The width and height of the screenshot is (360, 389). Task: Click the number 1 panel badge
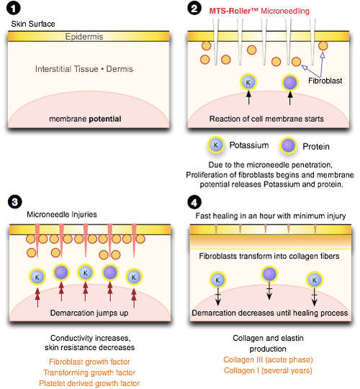click(14, 9)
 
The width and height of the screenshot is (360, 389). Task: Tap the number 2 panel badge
click(194, 9)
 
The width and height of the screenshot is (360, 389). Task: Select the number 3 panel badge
click(15, 202)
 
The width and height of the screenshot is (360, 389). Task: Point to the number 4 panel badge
click(194, 202)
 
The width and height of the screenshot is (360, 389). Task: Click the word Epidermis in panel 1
click(84, 37)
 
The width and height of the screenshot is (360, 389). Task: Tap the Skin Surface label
click(33, 24)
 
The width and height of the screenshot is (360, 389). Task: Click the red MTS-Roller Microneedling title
click(259, 11)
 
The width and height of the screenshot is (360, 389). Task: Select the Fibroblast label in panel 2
click(325, 81)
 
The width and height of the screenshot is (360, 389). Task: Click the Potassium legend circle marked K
click(216, 145)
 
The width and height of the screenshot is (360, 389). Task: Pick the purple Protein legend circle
click(288, 146)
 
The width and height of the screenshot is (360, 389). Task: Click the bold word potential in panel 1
click(105, 119)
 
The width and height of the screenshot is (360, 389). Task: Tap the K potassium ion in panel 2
click(248, 82)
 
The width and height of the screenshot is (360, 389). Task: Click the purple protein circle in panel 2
click(290, 83)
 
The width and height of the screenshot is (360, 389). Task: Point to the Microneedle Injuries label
click(62, 215)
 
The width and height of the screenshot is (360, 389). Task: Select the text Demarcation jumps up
click(89, 313)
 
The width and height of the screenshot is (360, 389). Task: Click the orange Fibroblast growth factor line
click(89, 362)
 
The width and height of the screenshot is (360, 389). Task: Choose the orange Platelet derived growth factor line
click(89, 383)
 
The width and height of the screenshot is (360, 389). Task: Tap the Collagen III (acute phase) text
click(268, 359)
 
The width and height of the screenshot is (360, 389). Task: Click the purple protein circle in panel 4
click(269, 274)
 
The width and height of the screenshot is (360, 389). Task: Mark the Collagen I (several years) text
click(268, 371)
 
